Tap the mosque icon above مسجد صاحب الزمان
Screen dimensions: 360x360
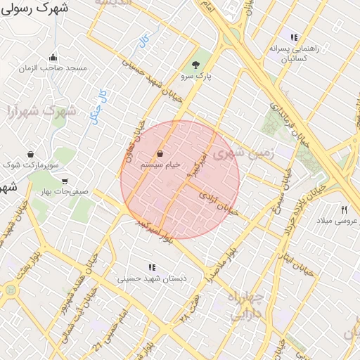point(53,58)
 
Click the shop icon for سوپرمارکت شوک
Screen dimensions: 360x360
point(30,154)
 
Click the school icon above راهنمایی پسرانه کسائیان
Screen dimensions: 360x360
point(294,37)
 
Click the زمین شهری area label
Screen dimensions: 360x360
point(236,155)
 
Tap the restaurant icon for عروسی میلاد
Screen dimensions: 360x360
point(344,210)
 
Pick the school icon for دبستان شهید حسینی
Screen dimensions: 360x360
point(152,267)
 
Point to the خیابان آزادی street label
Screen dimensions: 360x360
point(215,200)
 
